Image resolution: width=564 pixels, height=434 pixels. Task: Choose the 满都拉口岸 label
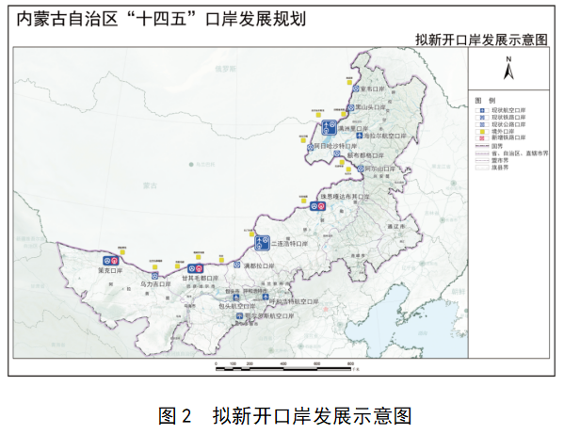pos(258,265)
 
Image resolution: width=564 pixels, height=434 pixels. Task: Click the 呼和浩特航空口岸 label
pos(296,301)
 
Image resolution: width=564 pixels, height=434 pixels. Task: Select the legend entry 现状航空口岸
pos(508,108)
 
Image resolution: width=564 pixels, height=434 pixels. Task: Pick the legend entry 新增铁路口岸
pos(508,137)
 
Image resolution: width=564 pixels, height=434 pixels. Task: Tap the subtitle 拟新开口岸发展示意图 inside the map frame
pos(481,40)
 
